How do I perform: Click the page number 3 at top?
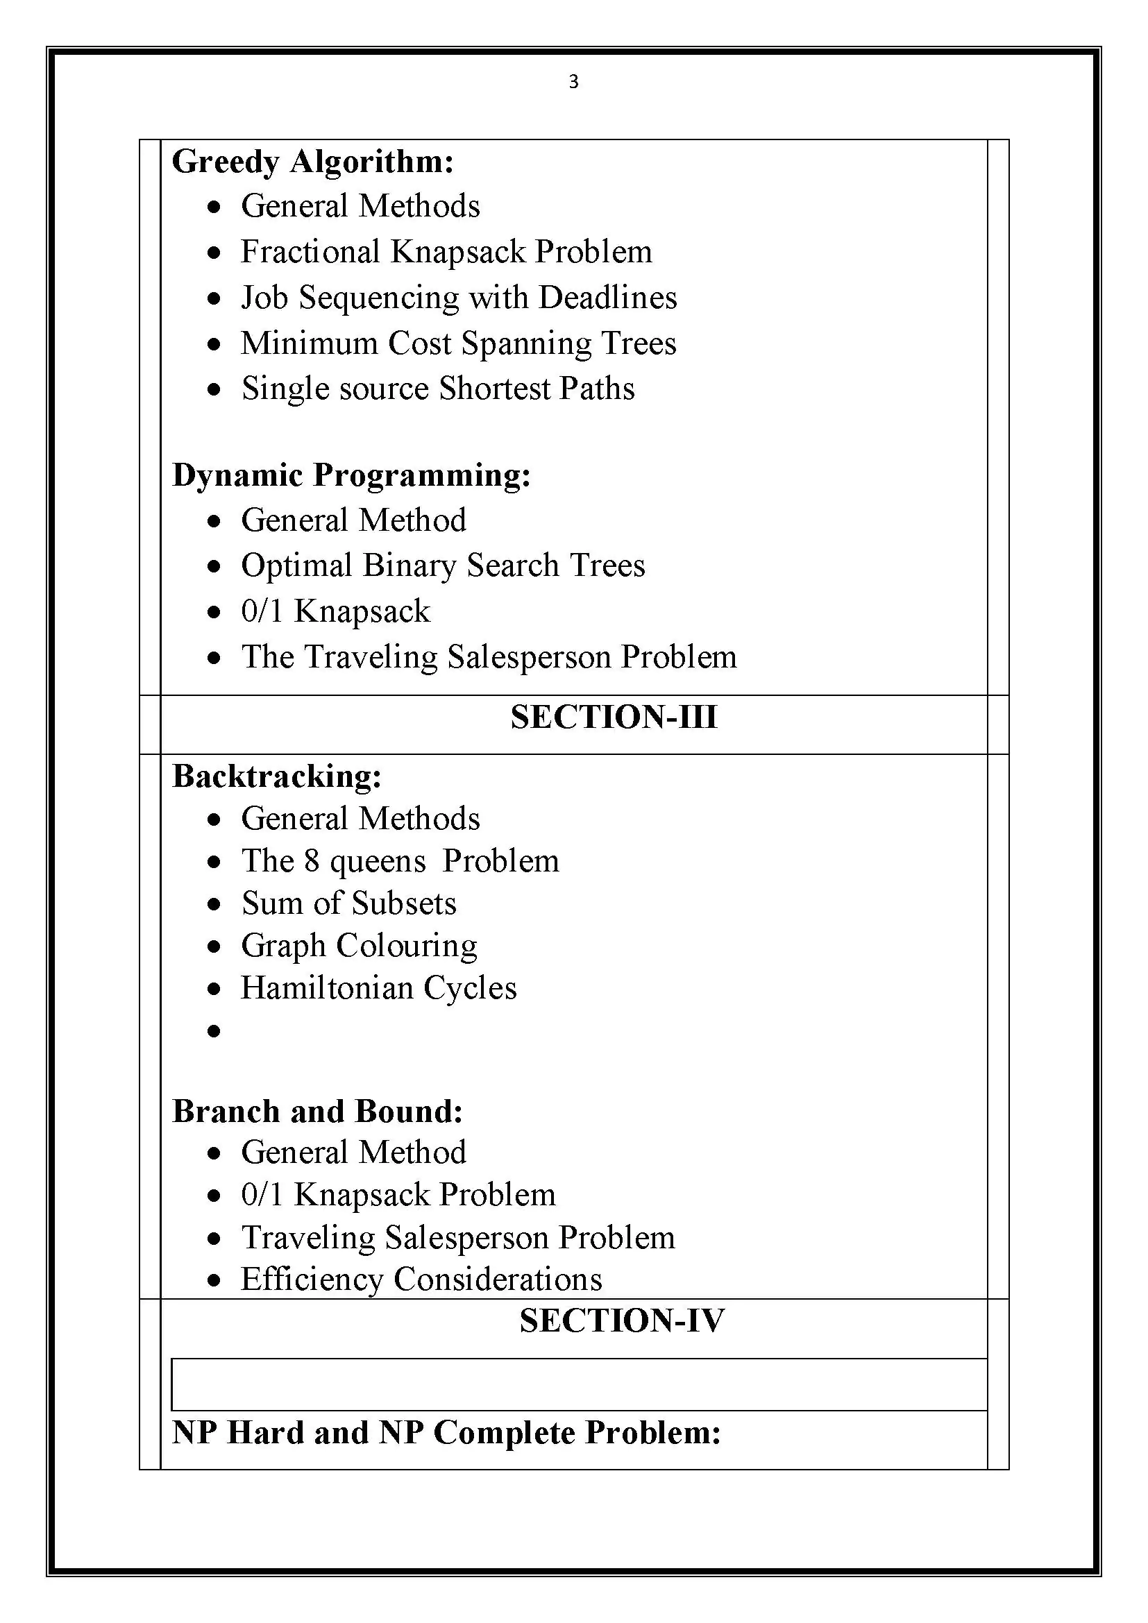(x=573, y=82)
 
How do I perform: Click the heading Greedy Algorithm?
(x=312, y=162)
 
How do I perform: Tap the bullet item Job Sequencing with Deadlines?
(x=459, y=298)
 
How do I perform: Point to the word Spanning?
(x=526, y=344)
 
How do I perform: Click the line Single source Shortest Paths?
(x=437, y=389)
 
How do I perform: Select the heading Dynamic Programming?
(x=351, y=475)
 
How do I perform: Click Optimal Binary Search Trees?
(x=443, y=566)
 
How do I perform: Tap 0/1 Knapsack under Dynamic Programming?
(x=335, y=611)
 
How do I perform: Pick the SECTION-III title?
(x=614, y=717)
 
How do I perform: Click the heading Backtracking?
(x=277, y=776)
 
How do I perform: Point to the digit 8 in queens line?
(x=312, y=861)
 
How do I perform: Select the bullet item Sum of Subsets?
(x=348, y=903)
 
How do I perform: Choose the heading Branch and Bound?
(x=317, y=1111)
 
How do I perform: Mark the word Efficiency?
(x=312, y=1280)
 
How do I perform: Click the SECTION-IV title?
(x=621, y=1321)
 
